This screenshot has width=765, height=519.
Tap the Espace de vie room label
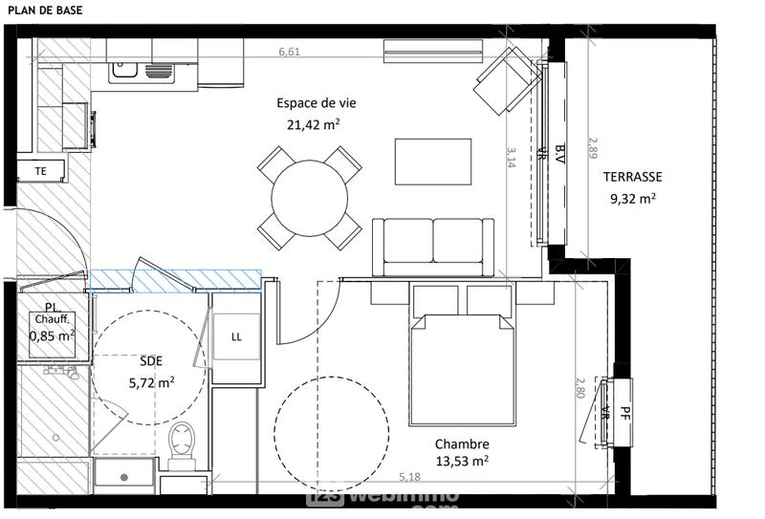pos(309,104)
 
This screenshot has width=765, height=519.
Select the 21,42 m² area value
pos(314,124)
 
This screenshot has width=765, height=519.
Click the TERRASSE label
pos(632,177)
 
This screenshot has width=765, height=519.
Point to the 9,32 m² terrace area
pos(632,199)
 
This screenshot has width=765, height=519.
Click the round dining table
pos(310,198)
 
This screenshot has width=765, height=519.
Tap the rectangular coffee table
pos(433,162)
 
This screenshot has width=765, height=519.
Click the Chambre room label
pos(462,444)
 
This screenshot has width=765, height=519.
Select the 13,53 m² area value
pos(462,461)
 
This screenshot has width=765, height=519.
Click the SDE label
pos(151,361)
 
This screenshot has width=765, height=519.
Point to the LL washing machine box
pos(235,336)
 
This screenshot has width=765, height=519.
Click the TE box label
pos(40,171)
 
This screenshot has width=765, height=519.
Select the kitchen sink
pos(140,70)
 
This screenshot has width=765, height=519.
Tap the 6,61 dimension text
pos(289,53)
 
